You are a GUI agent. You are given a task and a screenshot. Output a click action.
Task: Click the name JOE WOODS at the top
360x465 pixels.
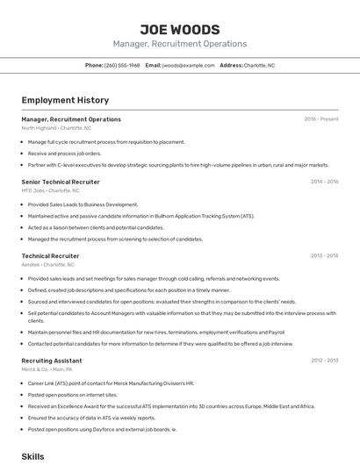[x=179, y=30]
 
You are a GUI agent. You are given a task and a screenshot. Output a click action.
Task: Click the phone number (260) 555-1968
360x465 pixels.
[x=122, y=65]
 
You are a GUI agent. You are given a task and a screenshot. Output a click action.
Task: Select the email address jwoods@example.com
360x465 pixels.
[x=189, y=65]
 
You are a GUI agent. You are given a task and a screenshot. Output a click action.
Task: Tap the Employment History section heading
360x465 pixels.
[x=65, y=100]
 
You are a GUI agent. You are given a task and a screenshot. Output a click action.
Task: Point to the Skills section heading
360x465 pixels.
[x=32, y=456]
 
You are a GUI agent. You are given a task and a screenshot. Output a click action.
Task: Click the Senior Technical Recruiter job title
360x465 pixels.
[x=61, y=182]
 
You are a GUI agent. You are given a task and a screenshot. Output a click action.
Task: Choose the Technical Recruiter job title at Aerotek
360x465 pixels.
[x=50, y=255]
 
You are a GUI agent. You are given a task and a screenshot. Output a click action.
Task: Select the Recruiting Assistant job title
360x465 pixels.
[x=52, y=361]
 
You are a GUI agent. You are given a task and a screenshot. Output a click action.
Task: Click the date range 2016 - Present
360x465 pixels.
[x=320, y=119]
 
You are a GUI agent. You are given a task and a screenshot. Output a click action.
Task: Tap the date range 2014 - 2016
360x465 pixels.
[x=324, y=182]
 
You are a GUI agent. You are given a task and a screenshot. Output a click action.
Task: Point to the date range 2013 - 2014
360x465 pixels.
[x=324, y=255]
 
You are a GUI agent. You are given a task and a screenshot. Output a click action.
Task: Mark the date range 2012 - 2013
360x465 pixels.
[x=324, y=361]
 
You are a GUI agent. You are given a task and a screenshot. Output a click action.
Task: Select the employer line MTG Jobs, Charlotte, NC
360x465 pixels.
[x=50, y=190]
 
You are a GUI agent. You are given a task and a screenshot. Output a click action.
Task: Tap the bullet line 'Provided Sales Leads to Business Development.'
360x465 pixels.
[x=83, y=204]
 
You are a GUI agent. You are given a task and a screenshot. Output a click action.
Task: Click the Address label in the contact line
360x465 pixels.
[x=231, y=65]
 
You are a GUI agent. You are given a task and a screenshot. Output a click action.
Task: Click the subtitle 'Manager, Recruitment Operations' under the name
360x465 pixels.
[x=179, y=44]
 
